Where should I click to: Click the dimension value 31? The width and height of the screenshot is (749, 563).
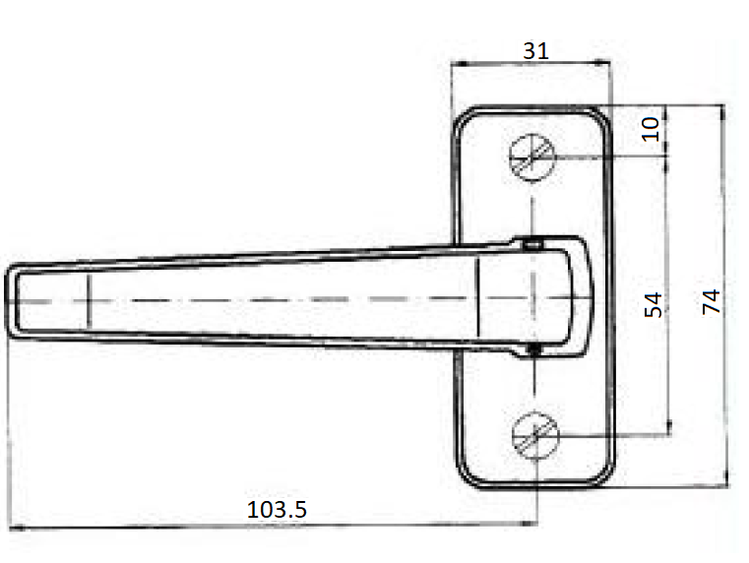click(x=536, y=50)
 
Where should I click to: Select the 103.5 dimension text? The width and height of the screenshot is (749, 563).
click(x=277, y=510)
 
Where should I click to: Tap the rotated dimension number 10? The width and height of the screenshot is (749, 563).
click(x=651, y=129)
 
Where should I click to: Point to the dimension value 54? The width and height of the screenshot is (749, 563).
click(x=654, y=305)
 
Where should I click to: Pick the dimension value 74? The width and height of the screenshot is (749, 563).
click(x=712, y=301)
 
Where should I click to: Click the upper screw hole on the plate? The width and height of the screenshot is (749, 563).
click(x=532, y=157)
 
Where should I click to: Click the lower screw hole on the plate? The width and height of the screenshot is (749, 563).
click(x=535, y=435)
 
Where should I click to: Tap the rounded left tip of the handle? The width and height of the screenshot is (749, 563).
click(x=9, y=301)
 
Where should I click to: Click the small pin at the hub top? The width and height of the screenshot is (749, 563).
click(x=532, y=245)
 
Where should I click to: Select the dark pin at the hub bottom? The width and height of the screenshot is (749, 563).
click(x=534, y=350)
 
